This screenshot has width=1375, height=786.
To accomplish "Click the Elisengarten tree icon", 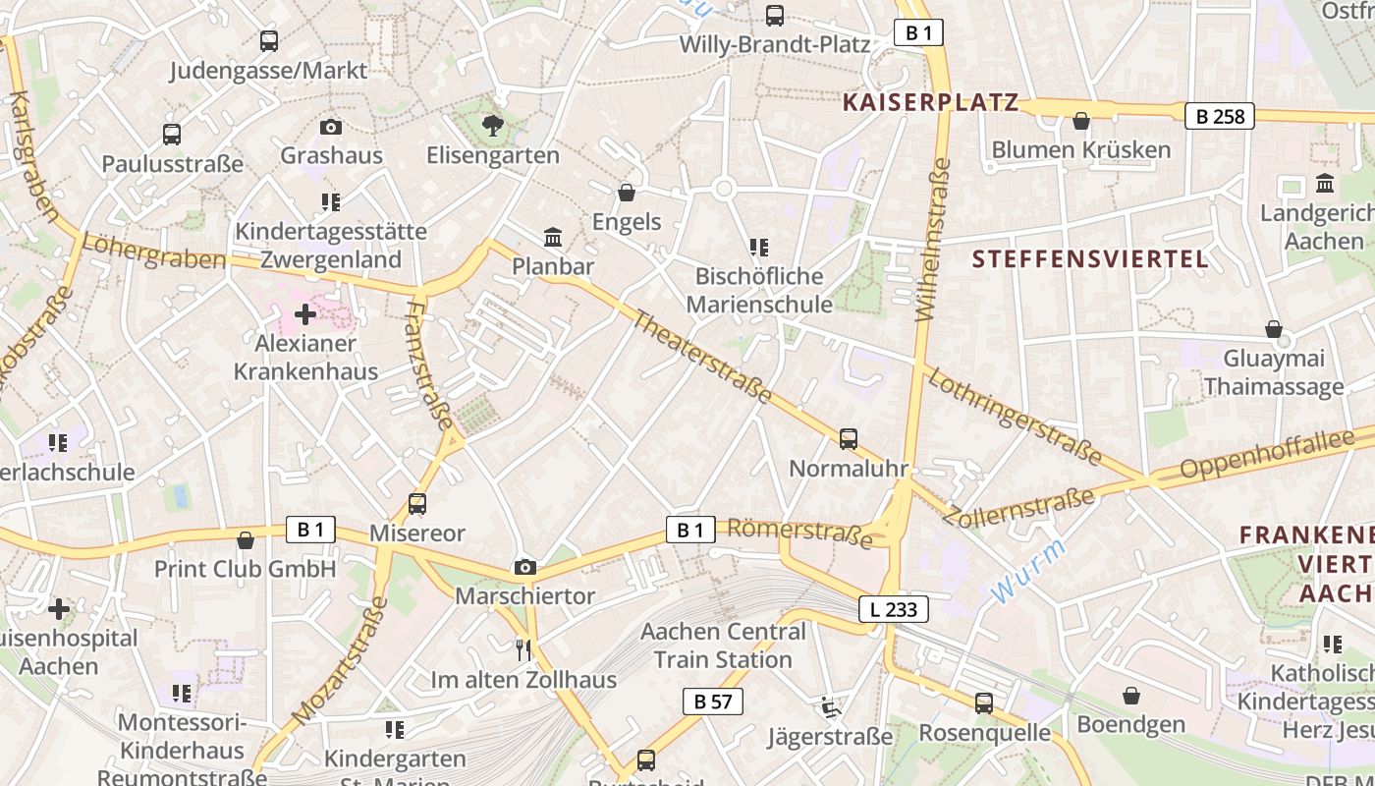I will point(492,125).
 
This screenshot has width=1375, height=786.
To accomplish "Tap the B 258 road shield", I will point(1220,116).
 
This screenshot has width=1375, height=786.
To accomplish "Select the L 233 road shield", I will point(893,609).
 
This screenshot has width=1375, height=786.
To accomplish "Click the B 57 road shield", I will point(712,702).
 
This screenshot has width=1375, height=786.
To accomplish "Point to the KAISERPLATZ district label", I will point(930,102).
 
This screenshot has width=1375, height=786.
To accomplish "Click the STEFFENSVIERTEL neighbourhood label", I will point(1090,259).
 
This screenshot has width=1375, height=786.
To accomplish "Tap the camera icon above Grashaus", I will point(331,127).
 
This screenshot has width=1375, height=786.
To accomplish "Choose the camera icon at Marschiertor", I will point(525,567).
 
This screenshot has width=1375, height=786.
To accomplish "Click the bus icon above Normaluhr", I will point(849,439).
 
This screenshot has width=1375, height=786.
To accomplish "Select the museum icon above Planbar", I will point(553,238).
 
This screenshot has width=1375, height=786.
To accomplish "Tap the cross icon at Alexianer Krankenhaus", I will point(305,314).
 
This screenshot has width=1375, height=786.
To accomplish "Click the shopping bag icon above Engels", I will point(627,193).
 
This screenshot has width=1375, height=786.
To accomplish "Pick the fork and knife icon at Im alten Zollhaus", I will point(523,649).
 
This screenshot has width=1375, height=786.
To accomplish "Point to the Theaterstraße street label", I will point(700,355).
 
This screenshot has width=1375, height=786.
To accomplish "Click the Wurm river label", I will point(1027,571).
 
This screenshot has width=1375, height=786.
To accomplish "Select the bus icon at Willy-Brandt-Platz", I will point(775,16).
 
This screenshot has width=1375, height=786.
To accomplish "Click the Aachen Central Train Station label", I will point(723,645).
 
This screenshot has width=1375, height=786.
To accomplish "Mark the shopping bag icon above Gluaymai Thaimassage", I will point(1274,329).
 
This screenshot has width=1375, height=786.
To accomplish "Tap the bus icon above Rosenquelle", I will point(984,703).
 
